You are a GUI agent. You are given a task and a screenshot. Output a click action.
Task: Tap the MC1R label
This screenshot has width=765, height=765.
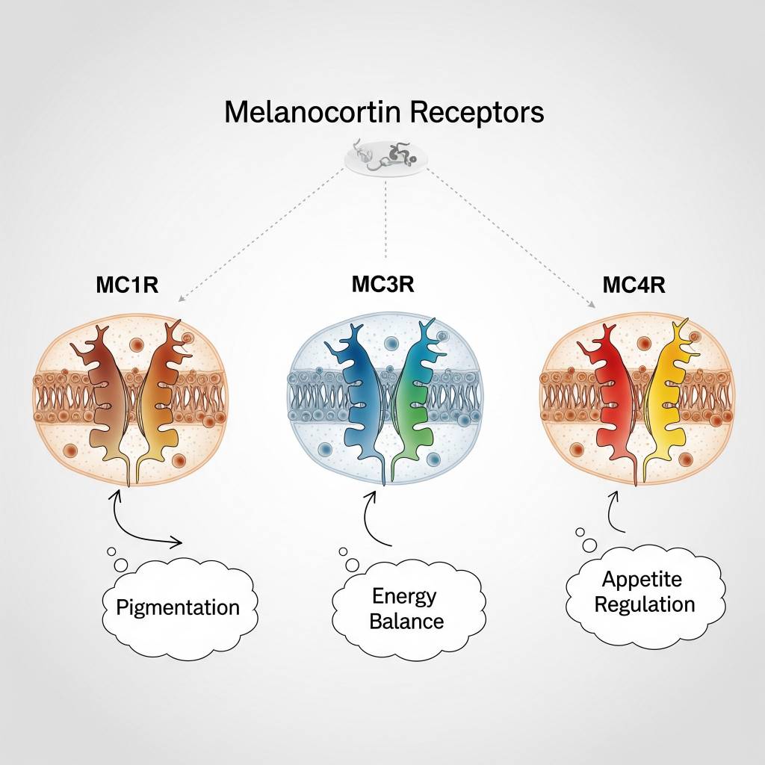pyautogui.click(x=127, y=285)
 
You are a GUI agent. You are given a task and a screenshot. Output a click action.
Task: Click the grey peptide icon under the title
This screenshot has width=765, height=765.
pyautogui.click(x=385, y=158)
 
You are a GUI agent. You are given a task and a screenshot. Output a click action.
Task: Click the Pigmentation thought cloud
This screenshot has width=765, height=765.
pyautogui.click(x=178, y=606)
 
